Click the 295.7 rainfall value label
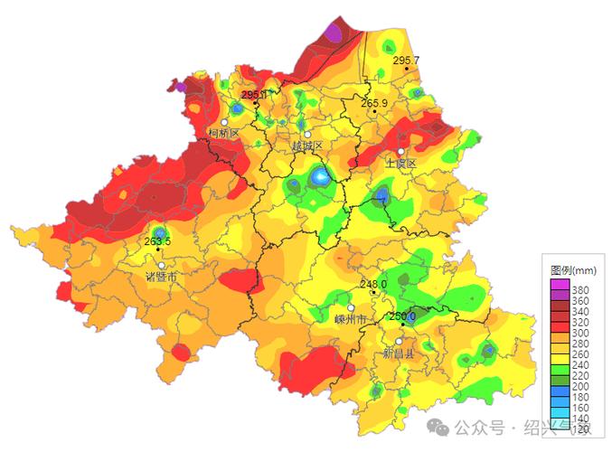point(406,60)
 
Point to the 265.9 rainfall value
point(374,104)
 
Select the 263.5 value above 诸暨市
point(157,241)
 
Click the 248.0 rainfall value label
point(373,284)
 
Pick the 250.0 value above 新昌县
point(402,316)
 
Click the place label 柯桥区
point(223,133)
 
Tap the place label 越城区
point(307,146)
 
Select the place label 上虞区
point(400,164)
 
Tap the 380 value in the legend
point(581,286)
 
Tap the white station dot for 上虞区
point(400,152)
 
